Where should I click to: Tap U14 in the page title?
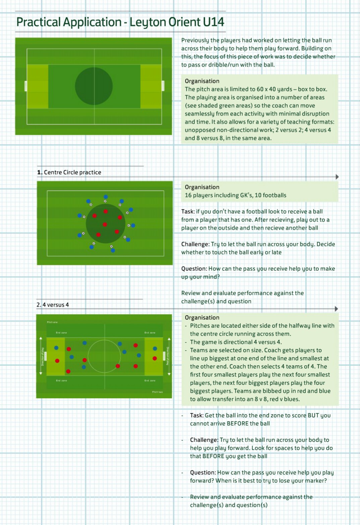(213, 22)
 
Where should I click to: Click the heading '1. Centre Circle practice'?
(69, 172)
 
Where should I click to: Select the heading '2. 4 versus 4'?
(53, 305)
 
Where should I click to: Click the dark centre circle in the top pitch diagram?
(94, 86)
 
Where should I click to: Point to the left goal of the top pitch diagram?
(25, 86)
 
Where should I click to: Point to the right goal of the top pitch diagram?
(163, 86)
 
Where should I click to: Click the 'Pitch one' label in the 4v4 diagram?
(52, 322)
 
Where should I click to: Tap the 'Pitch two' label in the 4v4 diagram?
(157, 392)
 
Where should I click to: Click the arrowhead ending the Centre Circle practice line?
(337, 177)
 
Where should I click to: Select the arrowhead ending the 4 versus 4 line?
(336, 309)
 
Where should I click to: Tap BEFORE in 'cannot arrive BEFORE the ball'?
(237, 423)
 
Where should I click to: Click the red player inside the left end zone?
(57, 361)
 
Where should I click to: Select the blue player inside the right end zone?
(155, 349)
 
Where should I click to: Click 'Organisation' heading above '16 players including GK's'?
(202, 187)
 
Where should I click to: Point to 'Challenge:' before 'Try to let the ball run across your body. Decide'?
(195, 244)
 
